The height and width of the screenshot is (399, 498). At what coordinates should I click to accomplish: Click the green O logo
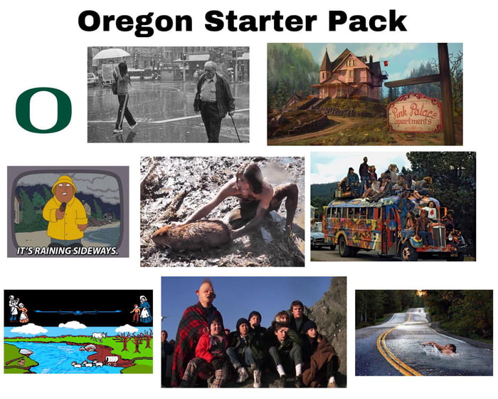[x=43, y=110]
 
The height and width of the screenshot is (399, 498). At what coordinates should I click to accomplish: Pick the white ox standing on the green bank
[x=97, y=334]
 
